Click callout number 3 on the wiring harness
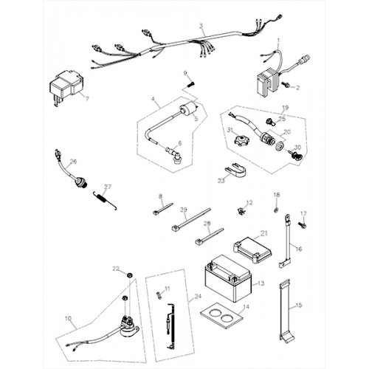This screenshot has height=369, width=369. click(x=201, y=26)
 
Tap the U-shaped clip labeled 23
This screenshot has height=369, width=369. click(x=232, y=173)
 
